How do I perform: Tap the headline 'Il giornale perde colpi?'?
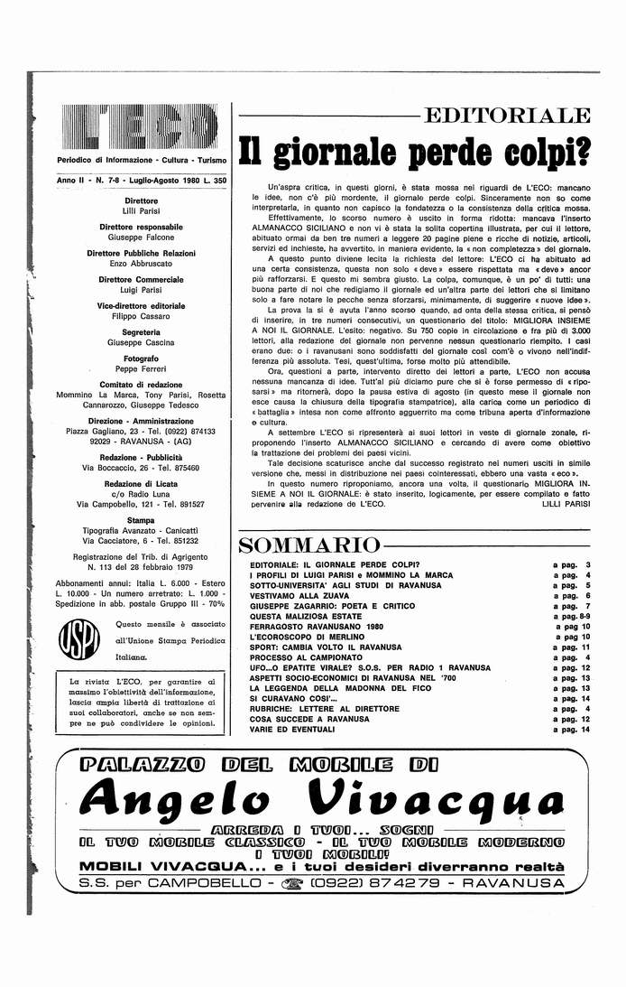(414, 154)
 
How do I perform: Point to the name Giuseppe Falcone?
(142, 237)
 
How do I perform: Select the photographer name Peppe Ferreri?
(142, 371)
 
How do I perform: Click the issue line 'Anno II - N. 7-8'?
(142, 181)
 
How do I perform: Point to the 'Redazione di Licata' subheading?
(142, 483)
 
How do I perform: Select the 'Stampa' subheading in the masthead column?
(142, 520)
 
